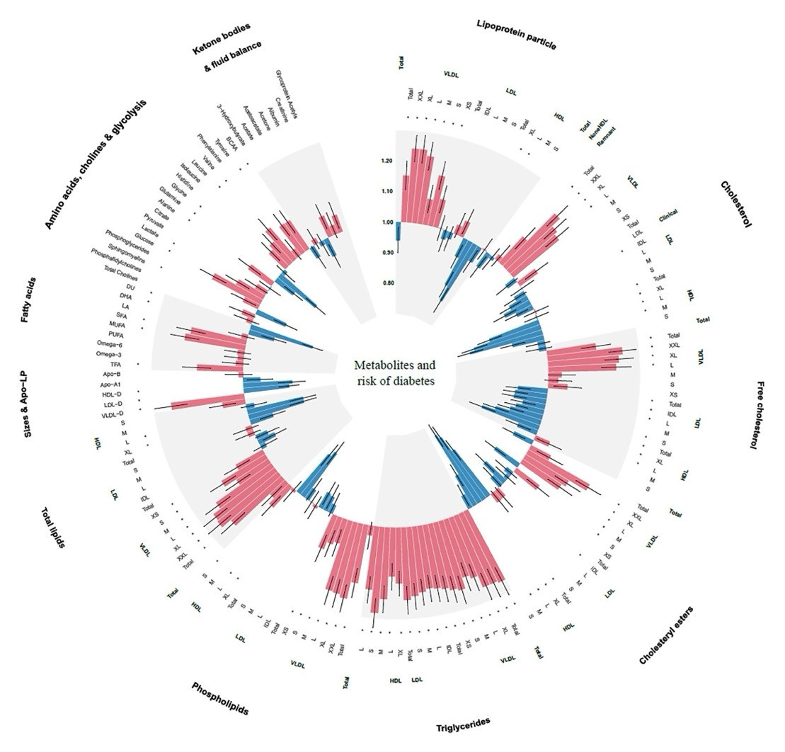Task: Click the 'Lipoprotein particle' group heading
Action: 517,34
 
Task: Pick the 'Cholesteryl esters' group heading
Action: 667,635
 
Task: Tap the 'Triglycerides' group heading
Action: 462,724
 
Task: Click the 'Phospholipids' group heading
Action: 219,699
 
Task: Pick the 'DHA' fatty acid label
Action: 125,295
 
